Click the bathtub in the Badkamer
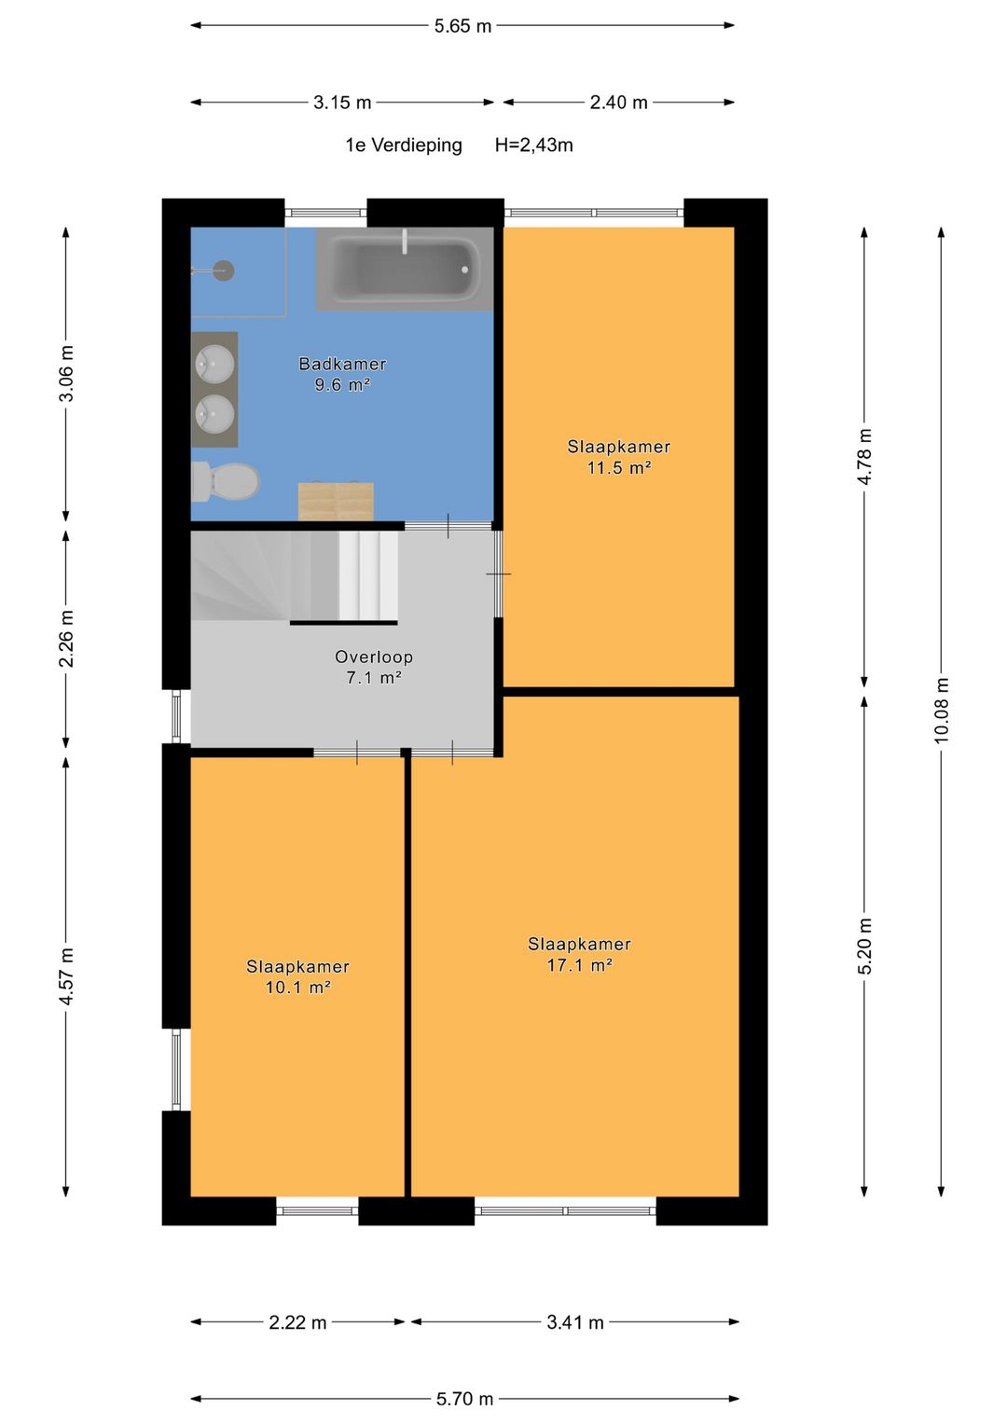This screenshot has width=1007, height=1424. pos(405,269)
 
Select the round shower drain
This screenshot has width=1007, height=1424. pos(224,270)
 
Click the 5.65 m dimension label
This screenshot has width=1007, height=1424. pos(462,26)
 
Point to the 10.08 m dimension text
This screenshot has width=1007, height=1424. pos(941,710)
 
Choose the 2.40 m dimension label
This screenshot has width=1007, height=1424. pos(618,103)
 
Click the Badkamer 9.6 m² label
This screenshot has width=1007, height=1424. pos(343,374)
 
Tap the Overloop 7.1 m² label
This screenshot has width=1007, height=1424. pos(374,667)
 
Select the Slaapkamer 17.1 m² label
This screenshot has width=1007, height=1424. pos(579,954)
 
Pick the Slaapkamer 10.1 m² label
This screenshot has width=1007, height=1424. pos(297,976)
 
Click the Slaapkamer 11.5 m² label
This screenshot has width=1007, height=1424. pos(618,457)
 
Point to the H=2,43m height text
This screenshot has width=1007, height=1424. pos(534,145)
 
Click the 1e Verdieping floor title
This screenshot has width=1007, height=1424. pos(404,145)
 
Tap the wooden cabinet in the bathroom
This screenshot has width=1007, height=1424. pos(336,502)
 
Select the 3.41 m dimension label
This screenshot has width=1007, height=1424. pos(574,1323)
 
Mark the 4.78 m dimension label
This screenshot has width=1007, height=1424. pos(864,456)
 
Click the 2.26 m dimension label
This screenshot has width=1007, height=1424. pos(66,638)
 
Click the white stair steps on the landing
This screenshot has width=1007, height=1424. pos(368,575)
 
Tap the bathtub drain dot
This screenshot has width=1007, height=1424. pos(464,270)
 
